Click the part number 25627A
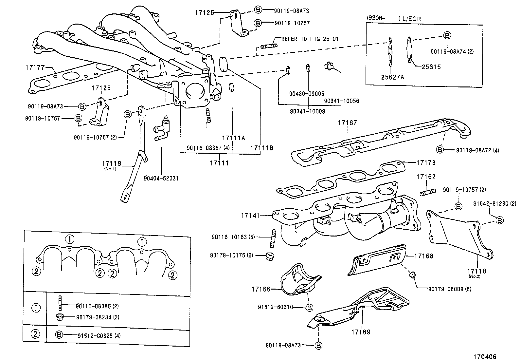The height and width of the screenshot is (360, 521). point(392,77)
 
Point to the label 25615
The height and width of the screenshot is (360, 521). point(431,67)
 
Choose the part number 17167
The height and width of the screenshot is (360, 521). point(347,123)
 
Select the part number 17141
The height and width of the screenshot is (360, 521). point(250,216)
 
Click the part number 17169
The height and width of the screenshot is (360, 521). point(361,332)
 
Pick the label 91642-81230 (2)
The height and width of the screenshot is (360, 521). point(495,203)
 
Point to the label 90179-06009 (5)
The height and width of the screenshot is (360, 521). point(450,289)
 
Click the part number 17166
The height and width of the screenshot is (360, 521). point(261,289)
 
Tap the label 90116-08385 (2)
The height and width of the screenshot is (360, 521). point(97,306)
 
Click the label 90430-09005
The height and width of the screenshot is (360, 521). point(306,94)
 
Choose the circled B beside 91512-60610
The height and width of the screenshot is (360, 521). point(309,307)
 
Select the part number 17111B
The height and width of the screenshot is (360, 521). point(261,148)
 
